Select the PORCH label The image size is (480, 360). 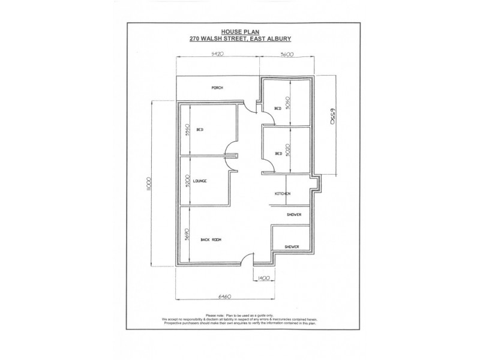217,88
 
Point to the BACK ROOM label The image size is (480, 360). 212,240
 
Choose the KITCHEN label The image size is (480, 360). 283,194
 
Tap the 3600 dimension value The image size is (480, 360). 286,54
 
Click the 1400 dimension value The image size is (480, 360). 263,278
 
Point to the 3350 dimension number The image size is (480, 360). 188,130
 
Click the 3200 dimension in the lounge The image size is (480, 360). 188,181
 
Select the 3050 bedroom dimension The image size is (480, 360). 289,103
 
